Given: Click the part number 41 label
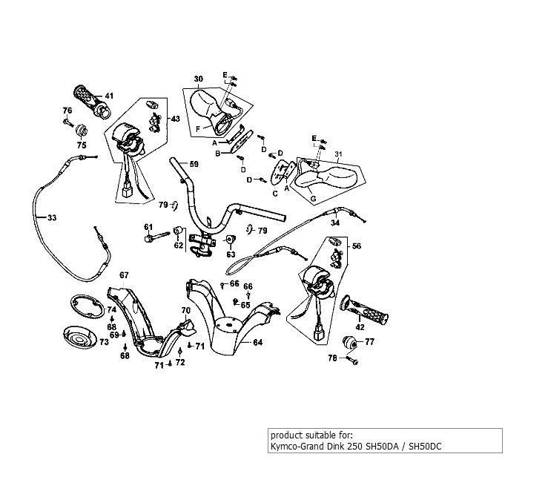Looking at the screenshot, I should point(109,96).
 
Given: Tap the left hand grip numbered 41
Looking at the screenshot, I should point(87,98).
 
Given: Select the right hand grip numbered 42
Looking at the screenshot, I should point(365,311).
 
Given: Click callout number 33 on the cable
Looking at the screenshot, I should point(50,218).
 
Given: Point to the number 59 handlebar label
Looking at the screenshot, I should point(194,164).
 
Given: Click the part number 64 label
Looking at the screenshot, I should point(257,343).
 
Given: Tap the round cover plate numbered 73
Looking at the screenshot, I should point(82,338).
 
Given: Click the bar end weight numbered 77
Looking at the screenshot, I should point(349,343).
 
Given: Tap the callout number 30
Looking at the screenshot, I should point(198,79).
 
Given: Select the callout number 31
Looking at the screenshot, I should point(340,154).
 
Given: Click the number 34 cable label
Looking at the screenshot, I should point(334,223).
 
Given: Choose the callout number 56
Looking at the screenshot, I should point(357,246).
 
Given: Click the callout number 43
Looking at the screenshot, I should point(175,119).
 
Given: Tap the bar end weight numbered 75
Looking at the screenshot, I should point(82,131).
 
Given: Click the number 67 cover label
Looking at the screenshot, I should point(124,276).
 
